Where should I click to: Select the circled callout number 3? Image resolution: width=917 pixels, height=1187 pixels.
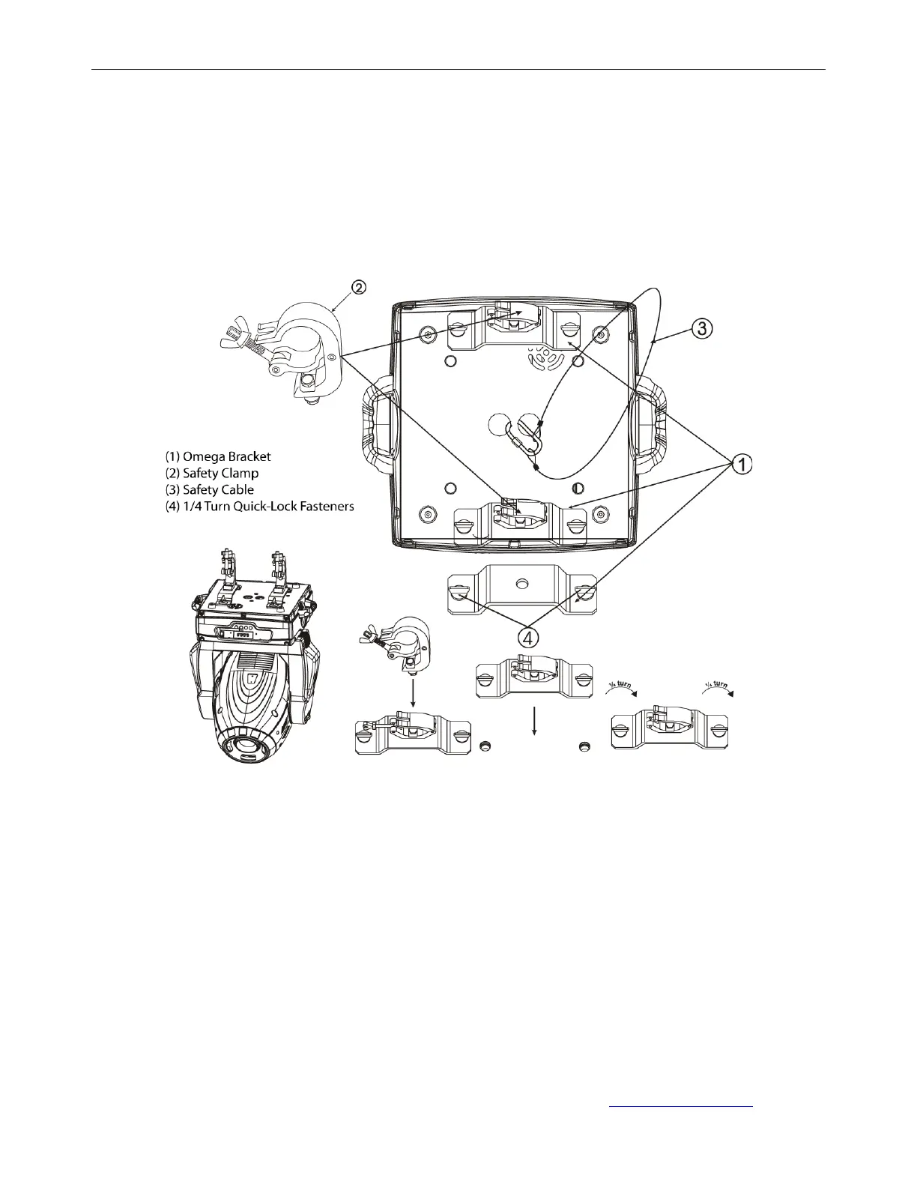(703, 329)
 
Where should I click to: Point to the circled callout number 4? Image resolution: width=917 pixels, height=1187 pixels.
(527, 638)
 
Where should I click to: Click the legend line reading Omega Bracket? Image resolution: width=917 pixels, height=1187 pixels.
(218, 456)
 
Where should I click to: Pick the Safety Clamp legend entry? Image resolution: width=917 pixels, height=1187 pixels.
(212, 473)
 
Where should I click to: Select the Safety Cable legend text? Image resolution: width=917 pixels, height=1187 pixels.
(209, 489)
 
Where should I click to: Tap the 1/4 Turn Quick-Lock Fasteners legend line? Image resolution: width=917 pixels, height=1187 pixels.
(259, 507)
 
